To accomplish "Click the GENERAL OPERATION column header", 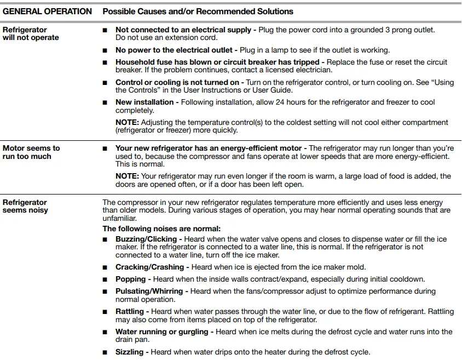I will (x=47, y=11).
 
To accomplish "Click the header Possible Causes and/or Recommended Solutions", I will (x=198, y=11).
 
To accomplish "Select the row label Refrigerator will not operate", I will (x=31, y=33).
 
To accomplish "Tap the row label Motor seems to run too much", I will (x=31, y=152).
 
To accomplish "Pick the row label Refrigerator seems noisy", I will (x=25, y=206).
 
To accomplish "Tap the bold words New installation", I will (x=145, y=102).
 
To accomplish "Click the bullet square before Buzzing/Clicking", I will (x=106, y=239).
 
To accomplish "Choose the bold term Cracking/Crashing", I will (x=149, y=267).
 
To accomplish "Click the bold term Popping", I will (x=130, y=279).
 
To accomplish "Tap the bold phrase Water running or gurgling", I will (x=162, y=332).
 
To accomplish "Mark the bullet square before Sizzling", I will (x=106, y=352).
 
